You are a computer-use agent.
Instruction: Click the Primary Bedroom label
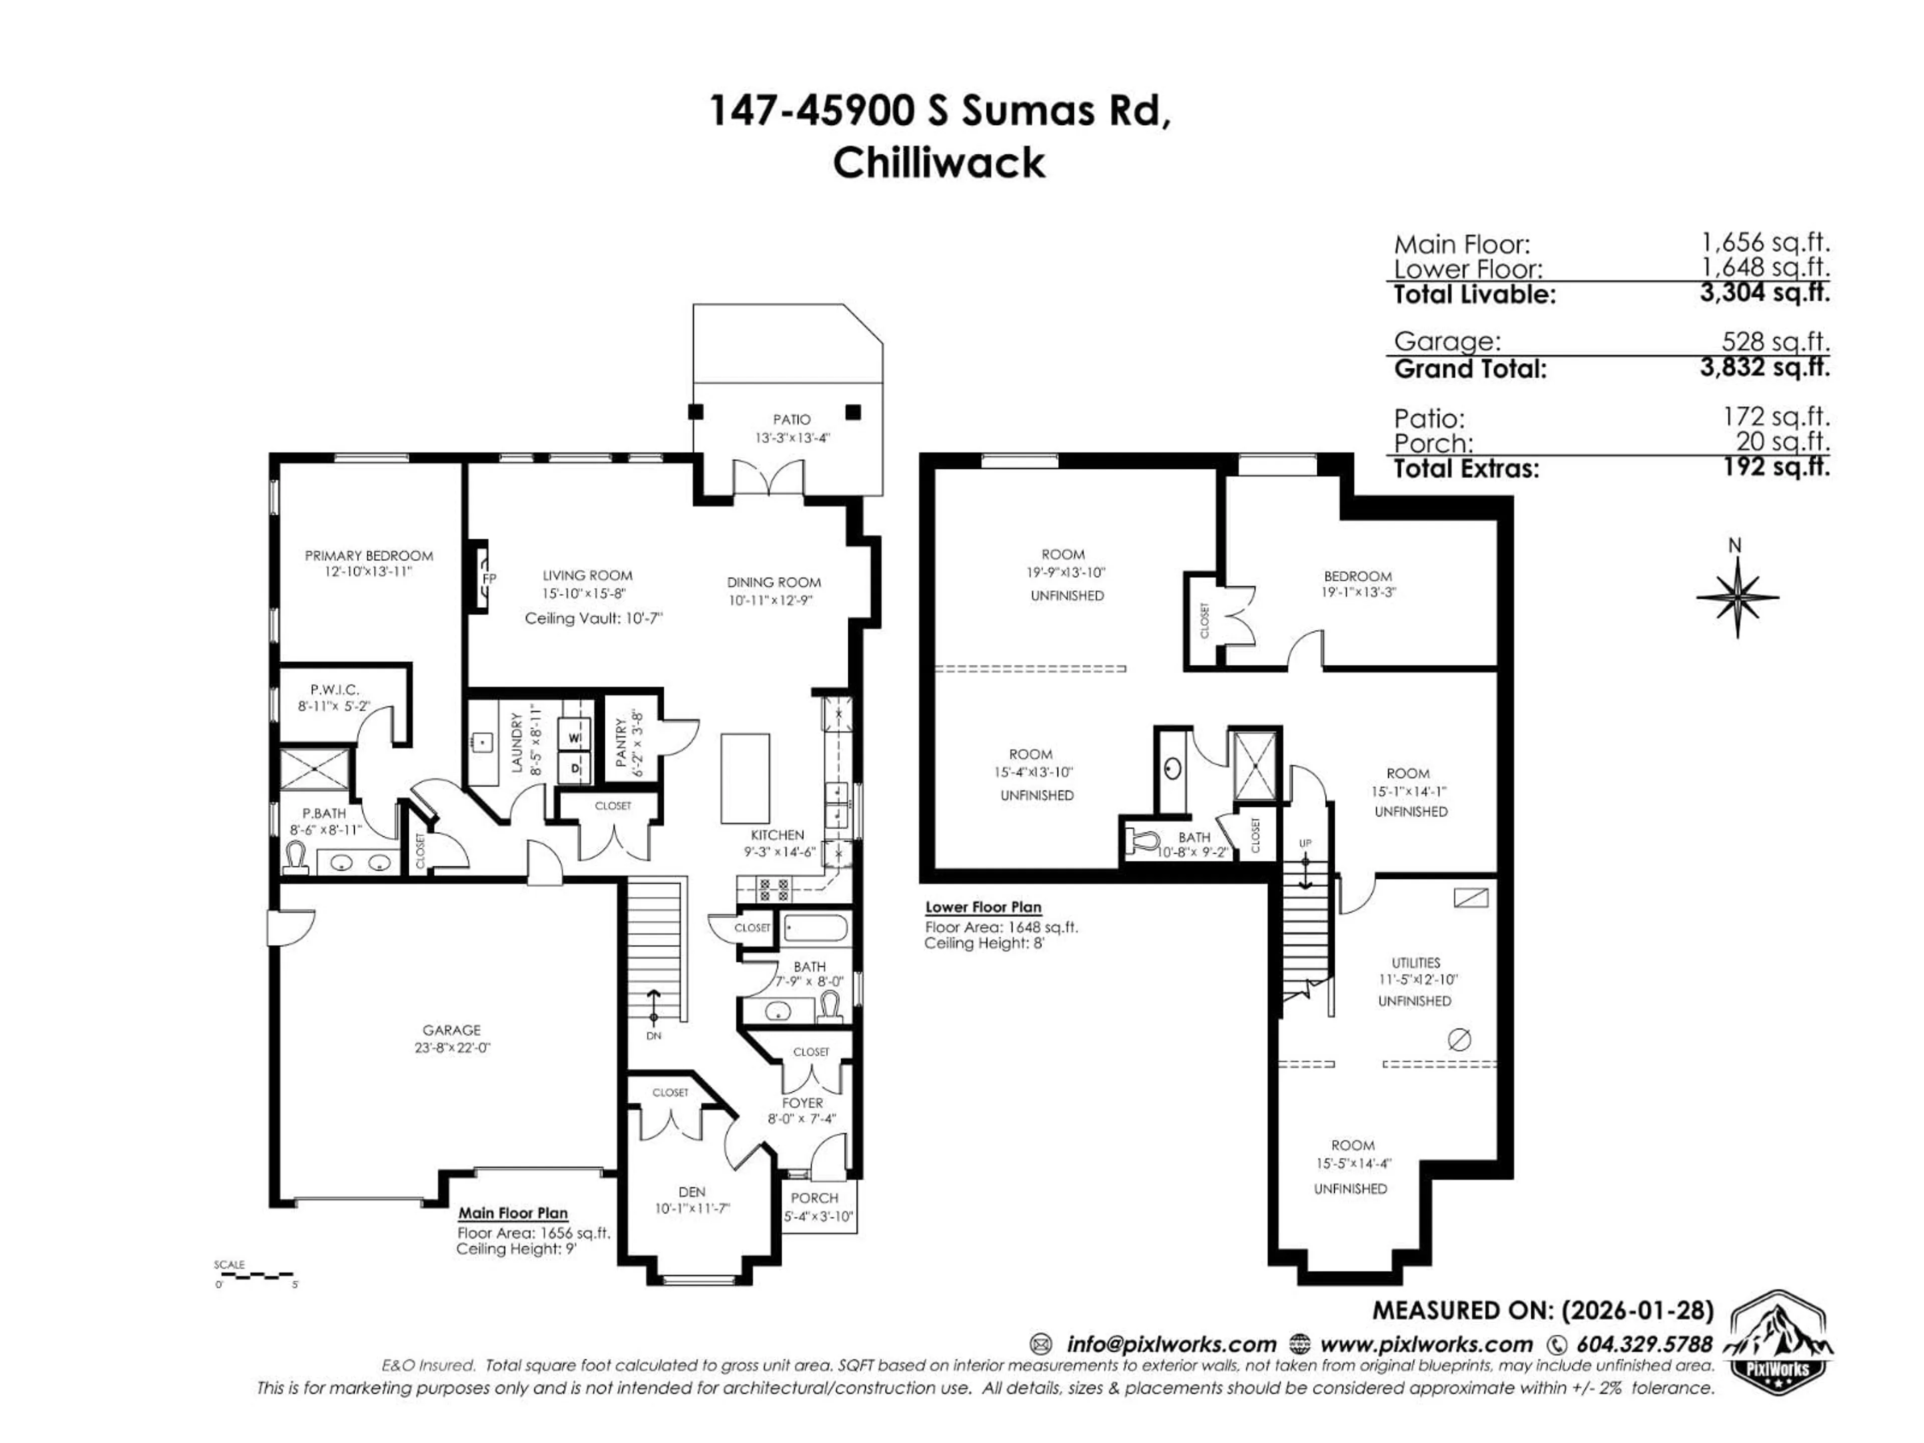[x=369, y=556]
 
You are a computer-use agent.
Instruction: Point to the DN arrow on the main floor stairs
[x=654, y=1009]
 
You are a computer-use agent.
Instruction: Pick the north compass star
[x=1737, y=597]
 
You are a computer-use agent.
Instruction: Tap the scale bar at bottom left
[x=256, y=1276]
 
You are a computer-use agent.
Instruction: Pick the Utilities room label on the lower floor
[x=1415, y=963]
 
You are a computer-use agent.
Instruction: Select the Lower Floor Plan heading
[x=983, y=907]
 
